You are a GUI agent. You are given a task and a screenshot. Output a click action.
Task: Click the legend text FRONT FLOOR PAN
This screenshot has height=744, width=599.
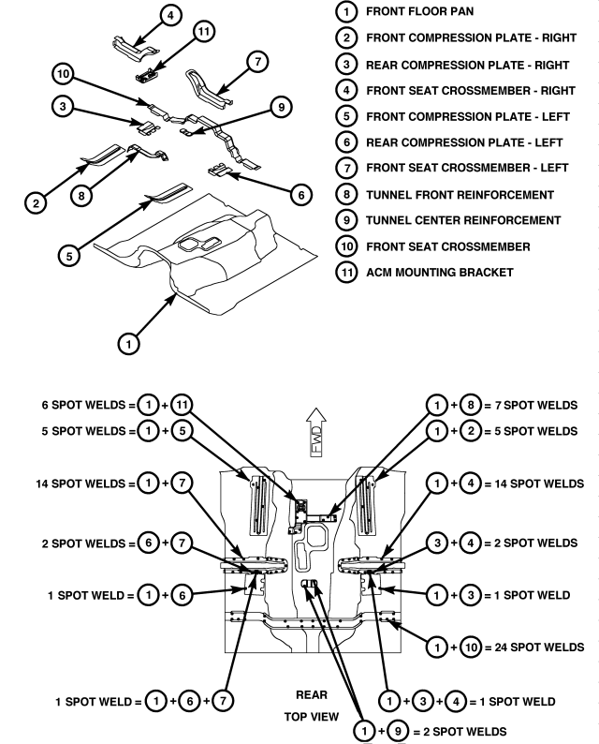coord(419,11)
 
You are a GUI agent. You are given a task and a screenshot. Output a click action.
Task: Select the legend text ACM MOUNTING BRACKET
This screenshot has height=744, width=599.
coord(439,273)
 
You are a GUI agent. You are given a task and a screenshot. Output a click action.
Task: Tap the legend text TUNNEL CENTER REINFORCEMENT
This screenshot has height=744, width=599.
coord(463,220)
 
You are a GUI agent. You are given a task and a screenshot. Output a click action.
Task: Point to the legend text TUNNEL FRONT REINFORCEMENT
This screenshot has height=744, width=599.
coord(460,195)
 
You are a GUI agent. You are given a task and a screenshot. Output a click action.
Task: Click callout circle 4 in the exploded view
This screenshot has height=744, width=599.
coord(170,16)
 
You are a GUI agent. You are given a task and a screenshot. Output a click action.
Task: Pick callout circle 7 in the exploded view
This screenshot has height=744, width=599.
coord(257,62)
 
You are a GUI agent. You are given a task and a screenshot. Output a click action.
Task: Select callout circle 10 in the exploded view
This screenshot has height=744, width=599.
coord(63,73)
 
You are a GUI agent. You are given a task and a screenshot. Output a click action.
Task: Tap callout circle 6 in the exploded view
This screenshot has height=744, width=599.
coord(301,195)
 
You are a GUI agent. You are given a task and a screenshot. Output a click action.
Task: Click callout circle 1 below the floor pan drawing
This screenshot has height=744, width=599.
coord(128,343)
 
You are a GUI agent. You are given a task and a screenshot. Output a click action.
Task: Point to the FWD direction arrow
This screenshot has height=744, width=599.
coord(316,432)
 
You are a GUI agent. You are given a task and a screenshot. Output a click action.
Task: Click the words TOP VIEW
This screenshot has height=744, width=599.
coord(312,717)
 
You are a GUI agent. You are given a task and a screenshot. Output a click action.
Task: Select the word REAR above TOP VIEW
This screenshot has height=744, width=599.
coord(312,694)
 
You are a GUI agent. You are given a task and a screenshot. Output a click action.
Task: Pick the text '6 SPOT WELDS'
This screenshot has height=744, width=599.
coord(83,405)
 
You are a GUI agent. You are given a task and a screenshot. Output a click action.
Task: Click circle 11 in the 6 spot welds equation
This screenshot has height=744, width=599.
coord(182,405)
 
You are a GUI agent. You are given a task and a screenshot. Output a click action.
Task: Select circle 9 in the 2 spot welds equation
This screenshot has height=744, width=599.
coord(398,731)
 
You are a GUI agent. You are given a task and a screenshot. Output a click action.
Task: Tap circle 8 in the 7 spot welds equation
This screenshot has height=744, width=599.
coord(470,405)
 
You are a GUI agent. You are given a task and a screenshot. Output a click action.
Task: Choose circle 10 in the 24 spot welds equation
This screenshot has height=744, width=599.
coord(471,647)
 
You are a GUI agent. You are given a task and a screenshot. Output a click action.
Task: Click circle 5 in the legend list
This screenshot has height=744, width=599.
coord(346,116)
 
